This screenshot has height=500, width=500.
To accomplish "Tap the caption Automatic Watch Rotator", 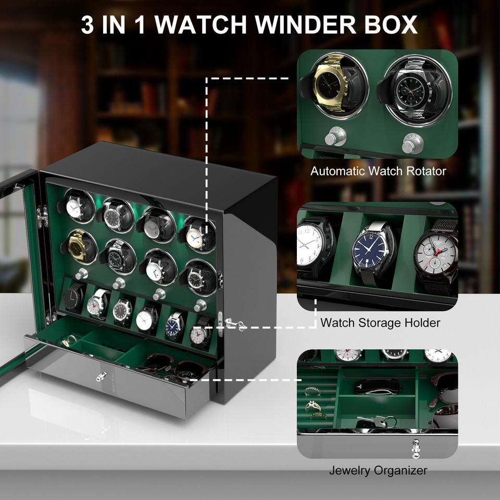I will pyautogui.click(x=378, y=171).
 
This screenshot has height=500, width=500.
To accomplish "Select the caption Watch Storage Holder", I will pyautogui.click(x=380, y=322).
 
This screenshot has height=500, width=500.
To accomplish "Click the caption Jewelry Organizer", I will pyautogui.click(x=378, y=470).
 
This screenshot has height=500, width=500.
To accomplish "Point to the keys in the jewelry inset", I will pyautogui.click(x=379, y=420).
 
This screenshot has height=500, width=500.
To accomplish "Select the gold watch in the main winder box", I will pyautogui.click(x=79, y=246).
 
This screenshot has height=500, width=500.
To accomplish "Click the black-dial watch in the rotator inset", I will pyautogui.click(x=411, y=90).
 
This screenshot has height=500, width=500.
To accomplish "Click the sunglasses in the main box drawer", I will pyautogui.click(x=172, y=365).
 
